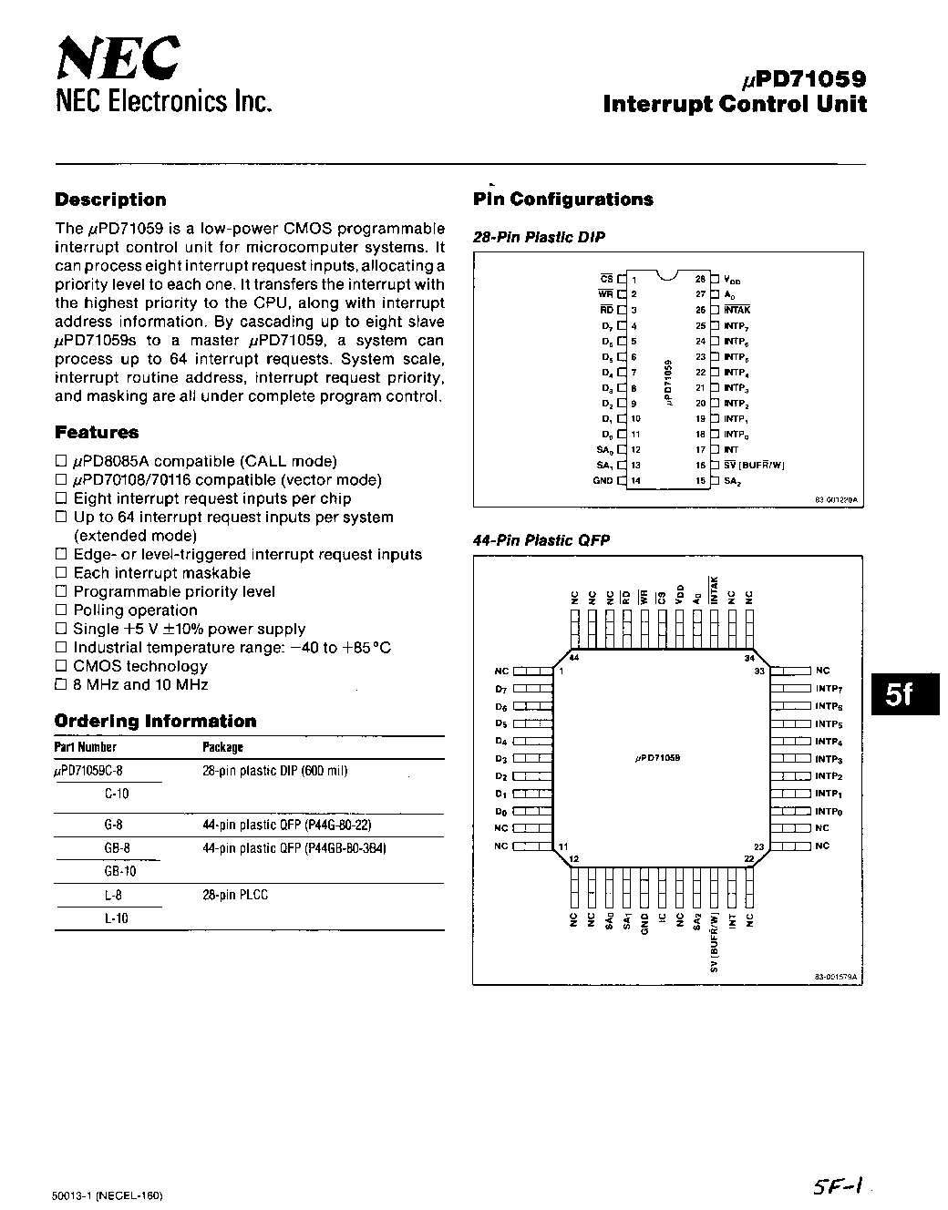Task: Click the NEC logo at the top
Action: pyautogui.click(x=118, y=60)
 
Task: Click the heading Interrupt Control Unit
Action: pyautogui.click(x=735, y=104)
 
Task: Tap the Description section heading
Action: pyautogui.click(x=111, y=200)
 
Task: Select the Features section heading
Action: pyautogui.click(x=97, y=433)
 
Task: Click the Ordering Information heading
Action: pyautogui.click(x=156, y=722)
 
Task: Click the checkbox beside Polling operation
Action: pyautogui.click(x=61, y=610)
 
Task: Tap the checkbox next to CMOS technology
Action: pyautogui.click(x=61, y=666)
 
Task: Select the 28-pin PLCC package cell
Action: pyautogui.click(x=235, y=895)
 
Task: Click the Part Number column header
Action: pyautogui.click(x=86, y=747)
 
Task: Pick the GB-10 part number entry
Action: pyautogui.click(x=117, y=871)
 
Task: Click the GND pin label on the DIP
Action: pyautogui.click(x=603, y=480)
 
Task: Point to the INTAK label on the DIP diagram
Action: pyautogui.click(x=737, y=310)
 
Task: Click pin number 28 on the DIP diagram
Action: pyautogui.click(x=700, y=279)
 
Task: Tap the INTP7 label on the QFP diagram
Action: pyautogui.click(x=829, y=689)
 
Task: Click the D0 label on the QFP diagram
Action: pyautogui.click(x=500, y=811)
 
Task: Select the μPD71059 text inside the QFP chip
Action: pyautogui.click(x=657, y=758)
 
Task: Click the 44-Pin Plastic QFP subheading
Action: pyautogui.click(x=541, y=540)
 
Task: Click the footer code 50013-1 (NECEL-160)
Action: pyautogui.click(x=108, y=1195)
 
